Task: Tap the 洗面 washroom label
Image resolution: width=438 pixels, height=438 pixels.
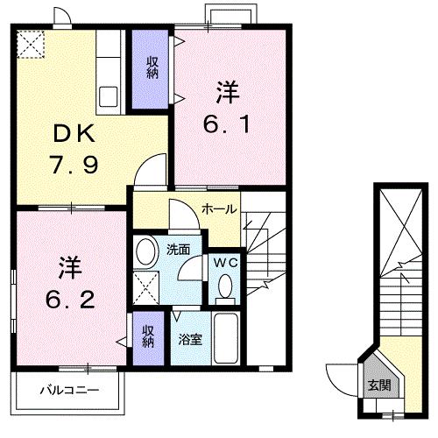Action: (x=180, y=249)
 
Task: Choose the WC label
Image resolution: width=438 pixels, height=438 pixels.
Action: (x=225, y=259)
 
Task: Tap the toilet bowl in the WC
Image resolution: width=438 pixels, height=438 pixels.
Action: (x=226, y=286)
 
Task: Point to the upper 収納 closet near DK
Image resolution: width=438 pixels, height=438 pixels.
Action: (x=152, y=67)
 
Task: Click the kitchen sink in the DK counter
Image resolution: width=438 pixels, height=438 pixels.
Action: (x=110, y=95)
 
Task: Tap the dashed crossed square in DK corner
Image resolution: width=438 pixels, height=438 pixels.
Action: (x=30, y=42)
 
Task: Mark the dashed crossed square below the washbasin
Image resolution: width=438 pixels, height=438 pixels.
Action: (x=147, y=285)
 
